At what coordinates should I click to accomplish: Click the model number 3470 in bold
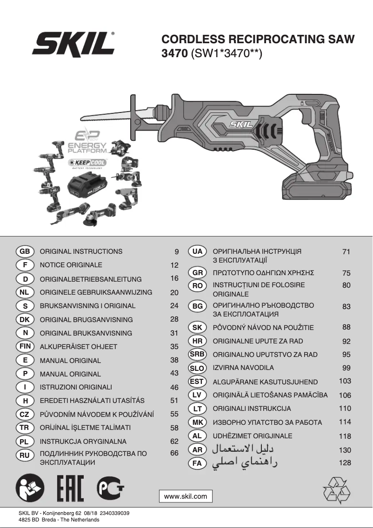tap(173, 53)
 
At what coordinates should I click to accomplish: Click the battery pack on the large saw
tap(316, 186)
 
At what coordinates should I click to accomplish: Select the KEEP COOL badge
tap(87, 163)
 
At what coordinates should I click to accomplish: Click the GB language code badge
tap(25, 251)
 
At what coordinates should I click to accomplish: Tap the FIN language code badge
tap(25, 346)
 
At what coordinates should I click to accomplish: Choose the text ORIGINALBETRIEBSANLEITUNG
tap(91, 279)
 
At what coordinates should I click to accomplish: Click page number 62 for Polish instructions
tap(174, 441)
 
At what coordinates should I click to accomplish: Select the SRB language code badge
tap(197, 354)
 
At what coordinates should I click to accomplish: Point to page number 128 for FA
tap(345, 463)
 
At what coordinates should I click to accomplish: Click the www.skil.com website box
tap(186, 496)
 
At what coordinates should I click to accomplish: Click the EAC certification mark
tap(70, 489)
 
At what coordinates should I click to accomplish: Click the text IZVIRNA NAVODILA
tap(243, 368)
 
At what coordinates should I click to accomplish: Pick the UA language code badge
tap(197, 251)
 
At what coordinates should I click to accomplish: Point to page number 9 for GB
tap(177, 252)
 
